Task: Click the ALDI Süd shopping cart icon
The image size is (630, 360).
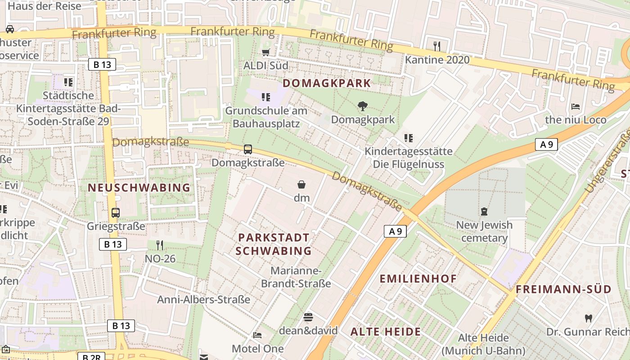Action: point(266,52)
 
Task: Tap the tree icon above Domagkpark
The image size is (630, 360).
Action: point(362,106)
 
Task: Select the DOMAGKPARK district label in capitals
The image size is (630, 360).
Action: point(327,83)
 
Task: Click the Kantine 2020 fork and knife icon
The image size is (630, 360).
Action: point(436,46)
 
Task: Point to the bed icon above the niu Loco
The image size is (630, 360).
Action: point(575,107)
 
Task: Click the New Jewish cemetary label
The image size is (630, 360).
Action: point(484,231)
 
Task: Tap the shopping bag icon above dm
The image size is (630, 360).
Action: point(301,184)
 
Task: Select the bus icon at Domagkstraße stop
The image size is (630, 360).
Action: point(247,149)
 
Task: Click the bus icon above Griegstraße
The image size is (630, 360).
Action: point(116,213)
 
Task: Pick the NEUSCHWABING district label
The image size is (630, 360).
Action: point(139,188)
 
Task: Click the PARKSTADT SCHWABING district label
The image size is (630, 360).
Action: point(274,244)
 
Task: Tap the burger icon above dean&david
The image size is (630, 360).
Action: point(308,317)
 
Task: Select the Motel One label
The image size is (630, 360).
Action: point(258,349)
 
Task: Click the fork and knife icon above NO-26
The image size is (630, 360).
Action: point(159,245)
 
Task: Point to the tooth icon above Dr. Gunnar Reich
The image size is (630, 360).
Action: point(588,319)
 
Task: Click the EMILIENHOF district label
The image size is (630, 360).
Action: point(418,279)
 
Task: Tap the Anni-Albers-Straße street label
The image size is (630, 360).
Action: point(203,300)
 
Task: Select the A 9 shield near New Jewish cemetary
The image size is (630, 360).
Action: point(395,231)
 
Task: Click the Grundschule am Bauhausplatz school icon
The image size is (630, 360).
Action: point(266,97)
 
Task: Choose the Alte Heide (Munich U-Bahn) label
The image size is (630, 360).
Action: point(483,344)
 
